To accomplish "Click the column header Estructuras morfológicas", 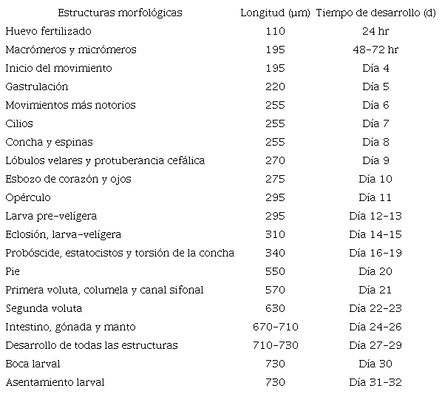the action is point(120,13).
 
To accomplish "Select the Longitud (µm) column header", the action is point(275,13).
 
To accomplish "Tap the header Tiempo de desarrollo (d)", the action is point(375,13).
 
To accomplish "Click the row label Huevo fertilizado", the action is point(48,31).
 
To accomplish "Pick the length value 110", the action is point(275,31).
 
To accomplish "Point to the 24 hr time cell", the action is point(375,31).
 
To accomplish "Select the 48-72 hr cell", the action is point(375,50).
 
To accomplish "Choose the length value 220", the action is point(275,86).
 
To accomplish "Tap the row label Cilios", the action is point(19,123).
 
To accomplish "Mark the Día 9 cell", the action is point(375,160).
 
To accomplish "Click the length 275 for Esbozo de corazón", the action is point(275,179).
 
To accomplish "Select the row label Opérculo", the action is point(27,197).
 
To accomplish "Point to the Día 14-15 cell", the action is point(375,234).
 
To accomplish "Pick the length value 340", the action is point(275,253).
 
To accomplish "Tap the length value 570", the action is point(275,290).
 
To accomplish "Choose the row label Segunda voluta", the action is point(44,308).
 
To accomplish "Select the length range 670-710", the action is point(275,327).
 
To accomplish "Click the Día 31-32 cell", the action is point(375,382).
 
